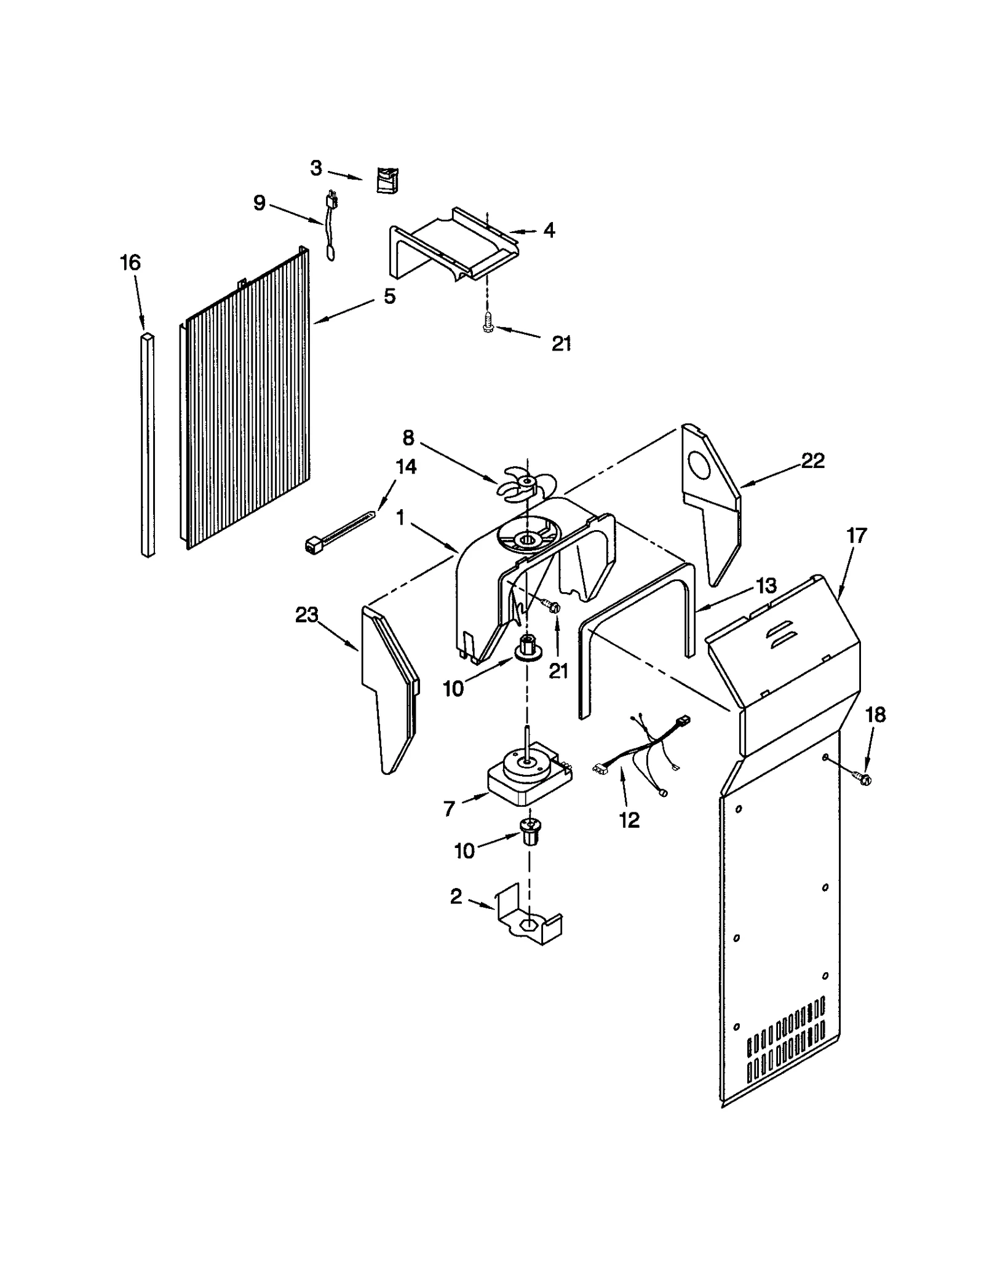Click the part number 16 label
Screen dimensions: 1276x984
130,263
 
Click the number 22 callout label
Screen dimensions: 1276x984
812,461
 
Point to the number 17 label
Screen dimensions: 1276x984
856,536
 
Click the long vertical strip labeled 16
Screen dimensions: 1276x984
147,446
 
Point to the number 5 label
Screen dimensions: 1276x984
389,296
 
